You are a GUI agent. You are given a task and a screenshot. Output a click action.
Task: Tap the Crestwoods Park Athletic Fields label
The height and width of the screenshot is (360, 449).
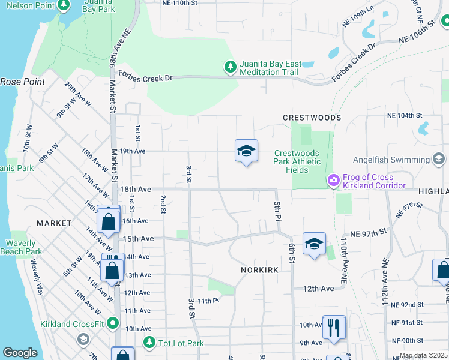point(297,161)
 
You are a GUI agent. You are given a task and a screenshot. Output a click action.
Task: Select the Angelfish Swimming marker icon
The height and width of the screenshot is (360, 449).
point(439,159)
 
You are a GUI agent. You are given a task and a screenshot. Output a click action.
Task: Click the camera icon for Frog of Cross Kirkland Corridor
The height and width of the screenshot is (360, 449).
point(333,180)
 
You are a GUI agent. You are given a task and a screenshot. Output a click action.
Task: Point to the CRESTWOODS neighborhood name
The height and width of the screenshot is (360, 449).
point(312,118)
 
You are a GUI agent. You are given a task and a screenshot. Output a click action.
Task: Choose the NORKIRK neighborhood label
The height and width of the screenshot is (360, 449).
point(259,270)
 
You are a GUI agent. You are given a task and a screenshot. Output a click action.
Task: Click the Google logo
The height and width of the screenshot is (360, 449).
point(20,353)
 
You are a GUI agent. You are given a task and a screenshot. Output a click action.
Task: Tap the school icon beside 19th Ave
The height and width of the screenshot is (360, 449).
point(246,152)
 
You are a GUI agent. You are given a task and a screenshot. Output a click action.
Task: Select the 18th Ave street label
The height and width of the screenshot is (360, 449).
point(135,189)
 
